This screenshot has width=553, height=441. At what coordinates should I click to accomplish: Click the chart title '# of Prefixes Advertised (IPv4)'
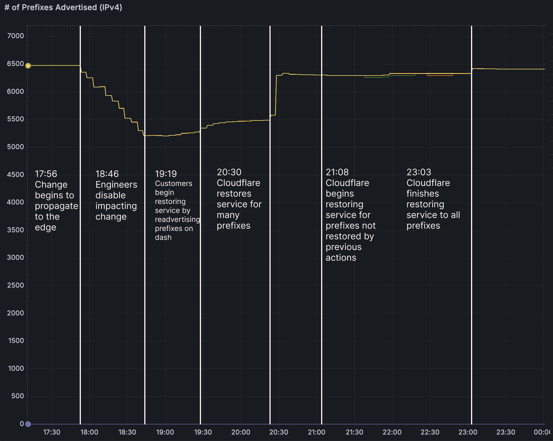tap(63, 7)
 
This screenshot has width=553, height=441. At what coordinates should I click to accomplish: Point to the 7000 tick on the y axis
tap(15, 36)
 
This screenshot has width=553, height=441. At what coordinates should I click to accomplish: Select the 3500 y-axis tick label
tap(15, 230)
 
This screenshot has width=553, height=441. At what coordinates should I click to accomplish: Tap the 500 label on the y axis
tap(17, 396)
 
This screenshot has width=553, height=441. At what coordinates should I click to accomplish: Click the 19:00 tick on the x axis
tap(165, 432)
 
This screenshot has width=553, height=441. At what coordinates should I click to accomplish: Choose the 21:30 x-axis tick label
tap(354, 432)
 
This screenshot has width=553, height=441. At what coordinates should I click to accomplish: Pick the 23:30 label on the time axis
tap(506, 432)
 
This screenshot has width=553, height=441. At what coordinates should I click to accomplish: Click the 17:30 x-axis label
tap(52, 432)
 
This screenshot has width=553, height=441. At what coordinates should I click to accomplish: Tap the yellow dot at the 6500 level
tap(28, 66)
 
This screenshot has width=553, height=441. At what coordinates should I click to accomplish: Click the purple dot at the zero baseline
tap(28, 424)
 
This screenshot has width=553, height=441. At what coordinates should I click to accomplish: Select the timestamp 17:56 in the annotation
tap(46, 174)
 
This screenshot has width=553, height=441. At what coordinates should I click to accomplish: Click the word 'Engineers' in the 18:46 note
tap(116, 185)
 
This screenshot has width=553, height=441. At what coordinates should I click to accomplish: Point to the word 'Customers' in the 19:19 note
tap(173, 183)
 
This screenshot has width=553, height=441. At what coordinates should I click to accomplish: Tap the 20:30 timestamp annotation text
tap(229, 172)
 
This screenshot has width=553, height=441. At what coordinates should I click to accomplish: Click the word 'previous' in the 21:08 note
tap(344, 247)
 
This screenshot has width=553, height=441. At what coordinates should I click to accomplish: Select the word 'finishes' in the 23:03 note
tap(423, 194)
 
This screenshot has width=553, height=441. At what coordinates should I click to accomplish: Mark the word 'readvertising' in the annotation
tap(177, 220)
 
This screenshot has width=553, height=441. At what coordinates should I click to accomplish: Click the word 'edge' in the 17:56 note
tap(45, 228)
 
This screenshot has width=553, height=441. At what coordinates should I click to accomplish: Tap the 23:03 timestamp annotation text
tap(419, 172)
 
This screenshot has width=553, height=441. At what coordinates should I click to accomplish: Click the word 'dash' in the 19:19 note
tap(163, 238)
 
